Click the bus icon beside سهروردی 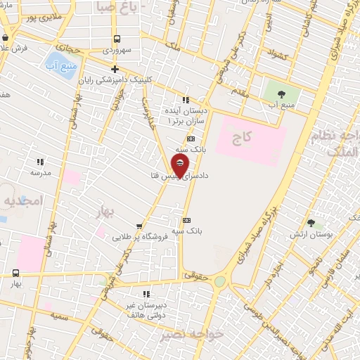coord(116,39)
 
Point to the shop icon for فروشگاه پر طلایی coord(139,226)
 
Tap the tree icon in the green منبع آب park coord(281,94)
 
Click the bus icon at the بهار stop coord(15,273)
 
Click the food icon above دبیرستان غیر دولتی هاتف coord(146,293)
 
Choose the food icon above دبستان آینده coord(186,100)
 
